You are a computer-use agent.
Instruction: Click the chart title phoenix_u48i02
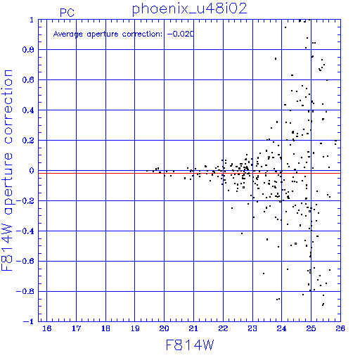tap(190, 9)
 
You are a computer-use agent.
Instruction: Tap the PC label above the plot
tap(67, 13)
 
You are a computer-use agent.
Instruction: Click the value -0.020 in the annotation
tap(181, 34)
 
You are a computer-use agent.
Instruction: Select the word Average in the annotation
tap(68, 34)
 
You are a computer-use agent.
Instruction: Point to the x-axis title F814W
tap(190, 345)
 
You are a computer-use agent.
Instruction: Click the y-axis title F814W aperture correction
tap(7, 170)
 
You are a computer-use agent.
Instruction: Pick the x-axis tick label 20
tap(164, 328)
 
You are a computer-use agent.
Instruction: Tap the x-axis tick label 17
tap(76, 328)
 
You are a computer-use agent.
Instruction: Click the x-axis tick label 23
tap(252, 328)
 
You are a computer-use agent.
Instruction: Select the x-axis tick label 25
tap(311, 328)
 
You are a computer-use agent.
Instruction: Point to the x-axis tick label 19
tap(135, 328)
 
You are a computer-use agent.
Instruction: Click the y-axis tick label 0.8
tap(28, 50)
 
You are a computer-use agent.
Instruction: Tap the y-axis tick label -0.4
tap(25, 231)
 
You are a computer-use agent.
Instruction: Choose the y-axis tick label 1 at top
tap(32, 20)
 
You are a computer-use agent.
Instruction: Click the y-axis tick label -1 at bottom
tap(29, 321)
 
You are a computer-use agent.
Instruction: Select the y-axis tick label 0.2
tap(28, 141)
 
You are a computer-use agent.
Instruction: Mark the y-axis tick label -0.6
tap(25, 261)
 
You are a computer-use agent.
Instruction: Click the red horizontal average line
tap(189, 173)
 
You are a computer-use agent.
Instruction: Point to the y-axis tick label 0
tap(32, 171)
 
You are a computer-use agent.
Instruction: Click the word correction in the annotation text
tap(142, 34)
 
